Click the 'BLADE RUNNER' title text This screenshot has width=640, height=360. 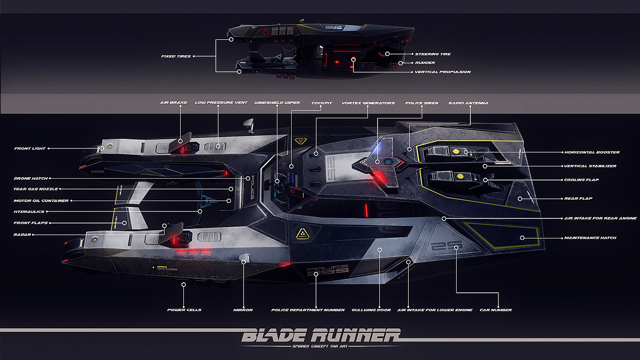[x=320, y=336]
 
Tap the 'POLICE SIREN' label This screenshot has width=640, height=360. [x=421, y=103]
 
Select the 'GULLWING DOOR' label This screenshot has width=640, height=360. [x=371, y=310]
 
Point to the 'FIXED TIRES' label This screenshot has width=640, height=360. [x=176, y=57]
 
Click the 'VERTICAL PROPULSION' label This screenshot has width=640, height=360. [x=443, y=72]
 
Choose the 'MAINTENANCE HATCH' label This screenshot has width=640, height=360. [x=590, y=238]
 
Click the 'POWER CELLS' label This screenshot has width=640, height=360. [x=184, y=310]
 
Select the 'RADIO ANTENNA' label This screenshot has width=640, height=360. [x=468, y=103]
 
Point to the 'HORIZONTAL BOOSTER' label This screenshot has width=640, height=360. [x=592, y=152]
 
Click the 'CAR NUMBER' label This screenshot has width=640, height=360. [x=496, y=310]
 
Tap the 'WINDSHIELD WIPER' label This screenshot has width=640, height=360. [x=277, y=103]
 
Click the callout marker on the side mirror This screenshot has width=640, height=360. [x=244, y=261]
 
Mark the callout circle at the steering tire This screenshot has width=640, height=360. [x=387, y=54]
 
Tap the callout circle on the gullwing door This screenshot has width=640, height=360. [x=379, y=249]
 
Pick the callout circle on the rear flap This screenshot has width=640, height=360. [x=520, y=199]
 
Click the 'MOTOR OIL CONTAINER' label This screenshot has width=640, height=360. [x=41, y=201]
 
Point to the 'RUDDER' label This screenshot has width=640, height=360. [x=425, y=63]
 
